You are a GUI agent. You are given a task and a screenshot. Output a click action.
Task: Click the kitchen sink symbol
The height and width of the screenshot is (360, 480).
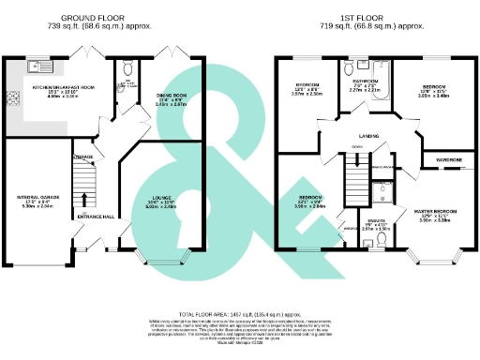pyautogui.click(x=38, y=67)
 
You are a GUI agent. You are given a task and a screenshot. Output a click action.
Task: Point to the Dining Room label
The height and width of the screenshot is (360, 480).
pyautogui.click(x=172, y=97)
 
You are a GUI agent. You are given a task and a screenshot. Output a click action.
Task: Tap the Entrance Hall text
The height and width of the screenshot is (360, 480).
pyautogui.click(x=96, y=217)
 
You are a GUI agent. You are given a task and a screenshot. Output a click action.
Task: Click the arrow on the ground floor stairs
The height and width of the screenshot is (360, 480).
pyautogui.click(x=86, y=199)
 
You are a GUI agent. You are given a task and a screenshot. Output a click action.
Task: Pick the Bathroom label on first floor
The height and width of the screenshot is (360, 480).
pyautogui.click(x=365, y=82)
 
